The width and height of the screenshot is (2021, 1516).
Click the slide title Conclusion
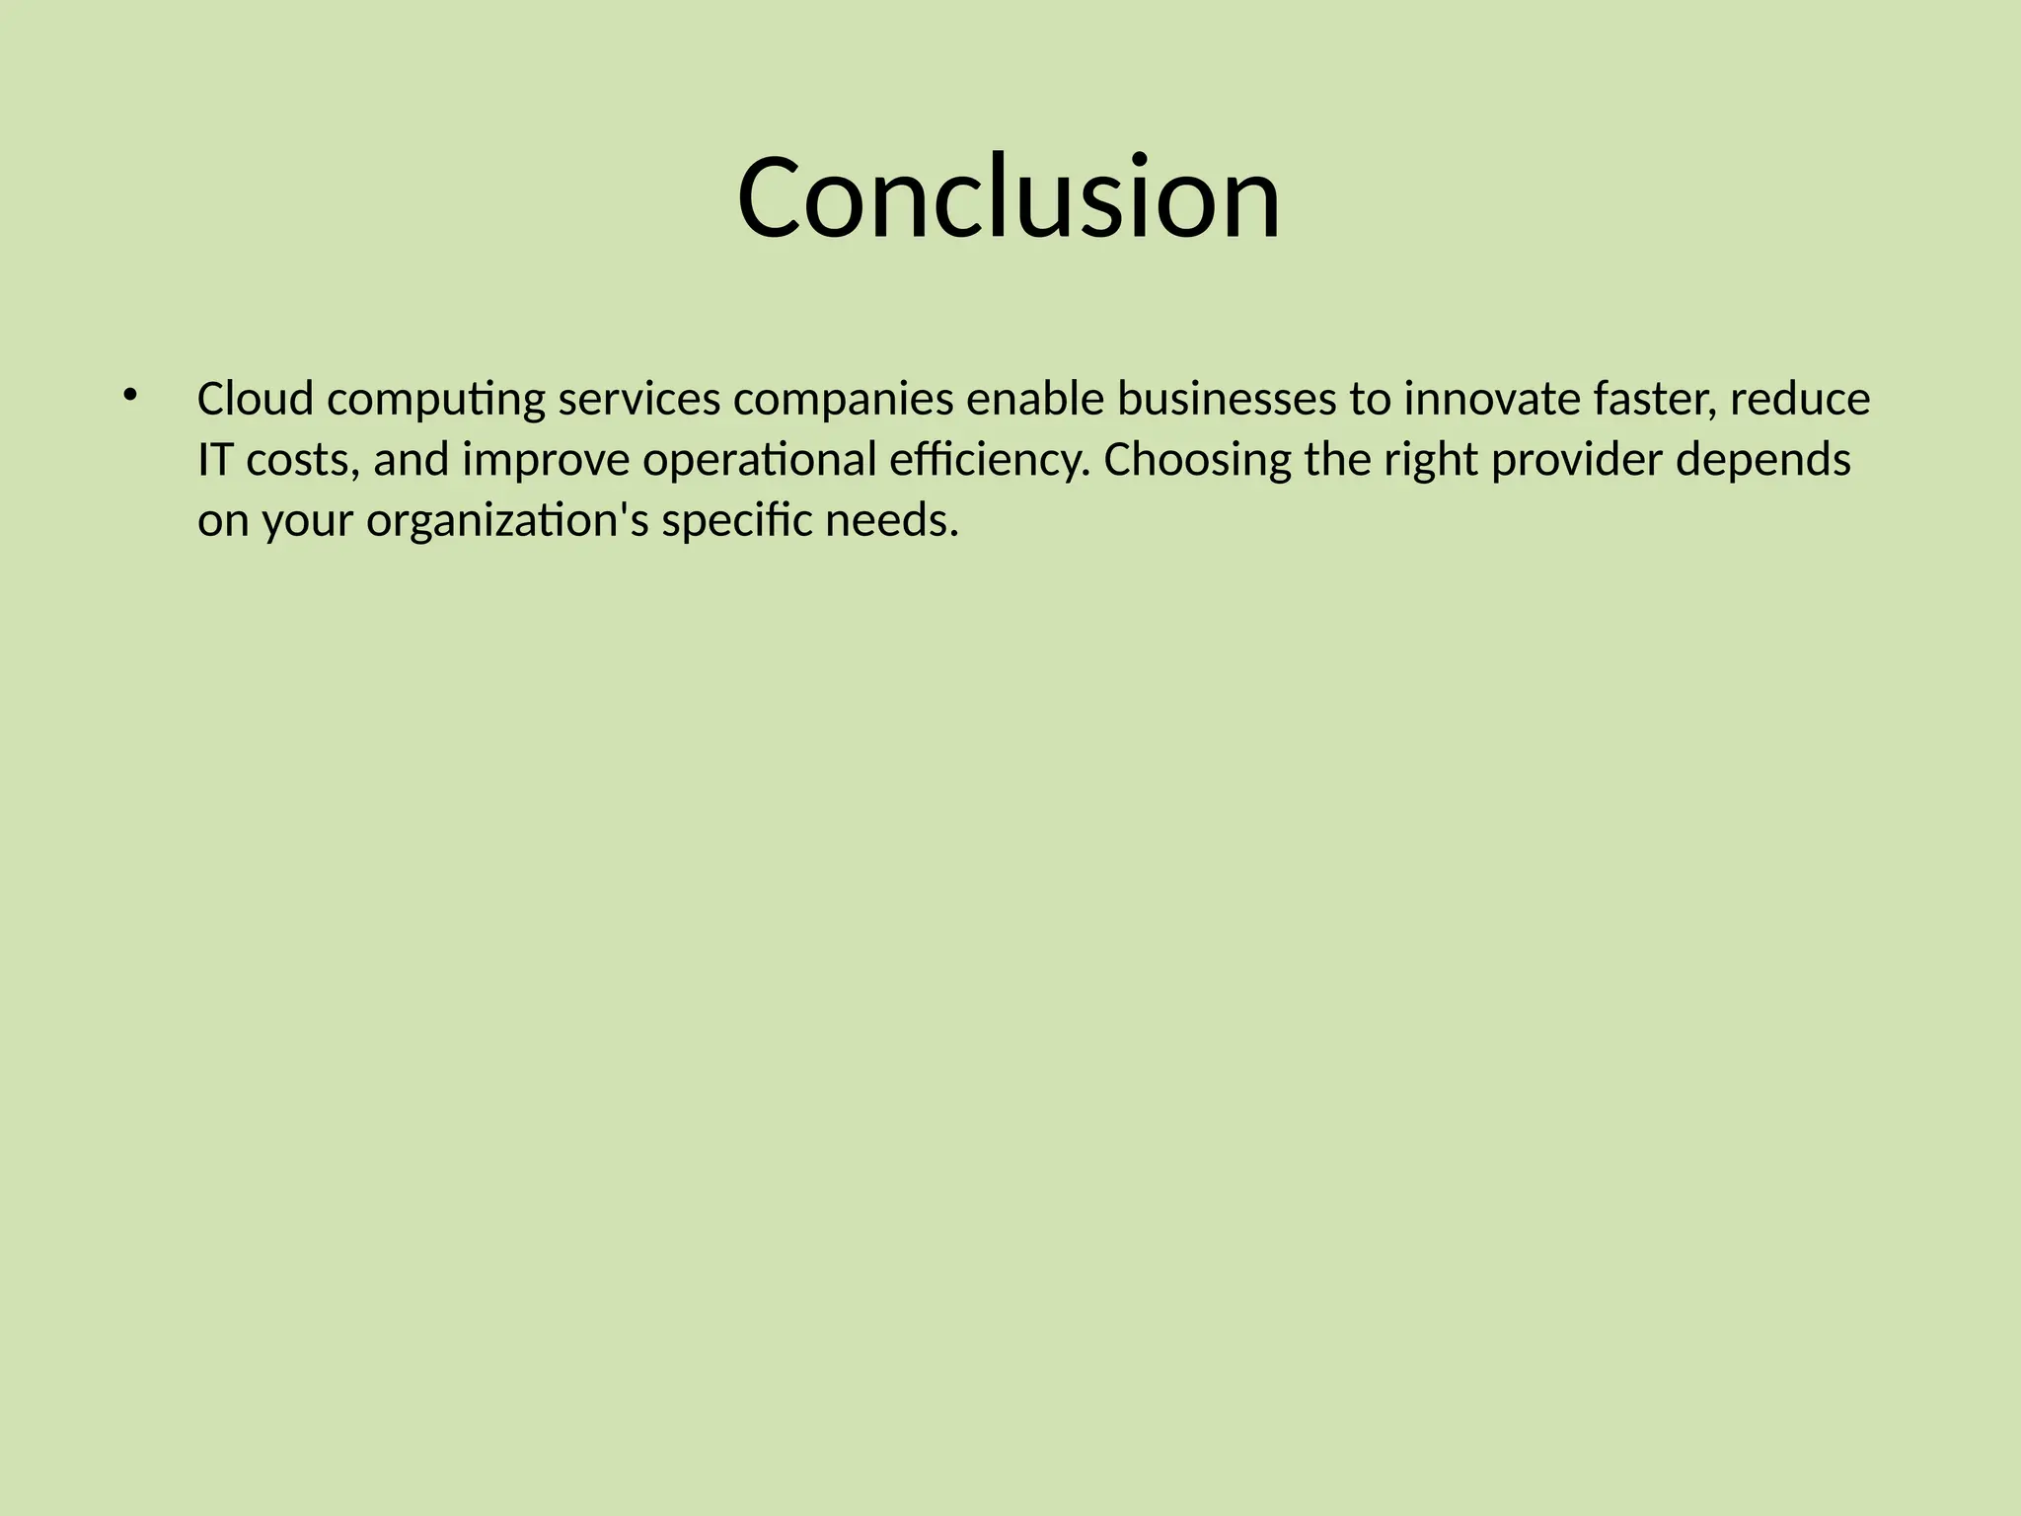pos(1009,197)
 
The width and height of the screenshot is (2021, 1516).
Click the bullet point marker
pos(129,397)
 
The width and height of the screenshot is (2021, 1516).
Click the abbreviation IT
pos(214,461)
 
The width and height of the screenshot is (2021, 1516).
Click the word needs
pos(892,521)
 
